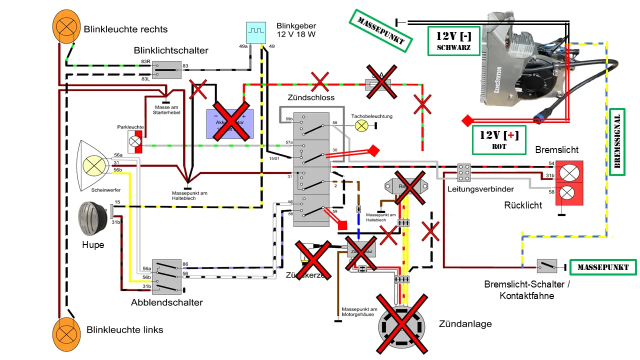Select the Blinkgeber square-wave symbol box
tap(256, 31)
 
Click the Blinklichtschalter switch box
tap(166, 70)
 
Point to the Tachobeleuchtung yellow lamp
tap(361, 125)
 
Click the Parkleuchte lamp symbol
tap(135, 141)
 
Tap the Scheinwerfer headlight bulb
tap(93, 165)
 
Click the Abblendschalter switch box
tap(167, 276)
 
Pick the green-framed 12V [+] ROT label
tap(499, 139)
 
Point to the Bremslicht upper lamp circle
tap(568, 173)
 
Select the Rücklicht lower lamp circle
tap(568, 192)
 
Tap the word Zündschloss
tap(311, 97)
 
